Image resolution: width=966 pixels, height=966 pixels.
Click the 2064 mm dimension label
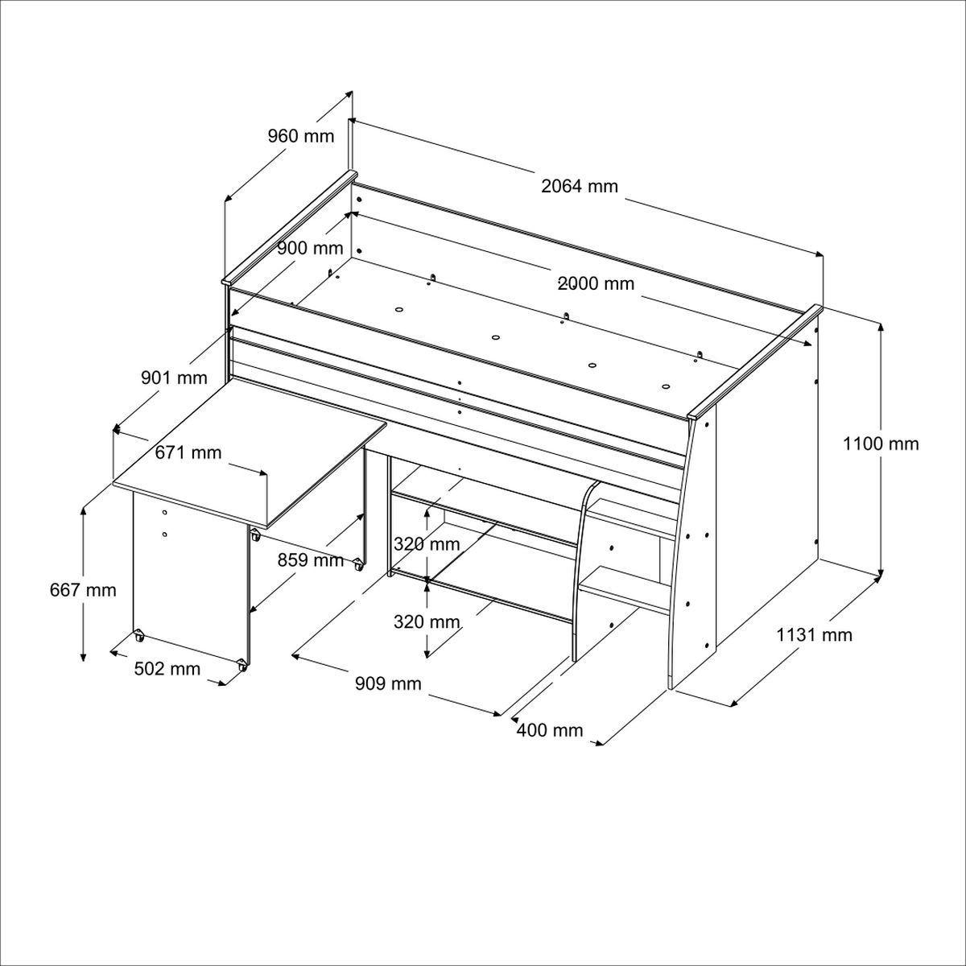(580, 187)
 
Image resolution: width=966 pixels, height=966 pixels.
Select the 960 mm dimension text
(300, 136)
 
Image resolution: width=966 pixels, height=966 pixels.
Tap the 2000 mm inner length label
(596, 283)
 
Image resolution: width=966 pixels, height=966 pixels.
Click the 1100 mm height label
(881, 444)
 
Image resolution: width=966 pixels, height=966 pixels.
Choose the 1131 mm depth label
(814, 635)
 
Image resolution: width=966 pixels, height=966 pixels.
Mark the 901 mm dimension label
(174, 377)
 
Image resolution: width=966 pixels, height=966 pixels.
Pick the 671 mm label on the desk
(188, 452)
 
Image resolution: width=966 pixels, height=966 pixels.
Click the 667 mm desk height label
(83, 590)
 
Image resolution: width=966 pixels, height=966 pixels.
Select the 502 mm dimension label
(167, 669)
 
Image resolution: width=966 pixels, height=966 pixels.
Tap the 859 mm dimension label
(311, 559)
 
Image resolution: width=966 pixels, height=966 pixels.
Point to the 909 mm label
(389, 683)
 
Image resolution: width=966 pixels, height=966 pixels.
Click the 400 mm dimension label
(550, 730)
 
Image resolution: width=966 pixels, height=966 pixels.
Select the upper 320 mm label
(427, 544)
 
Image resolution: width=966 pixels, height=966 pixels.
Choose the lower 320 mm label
(427, 621)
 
